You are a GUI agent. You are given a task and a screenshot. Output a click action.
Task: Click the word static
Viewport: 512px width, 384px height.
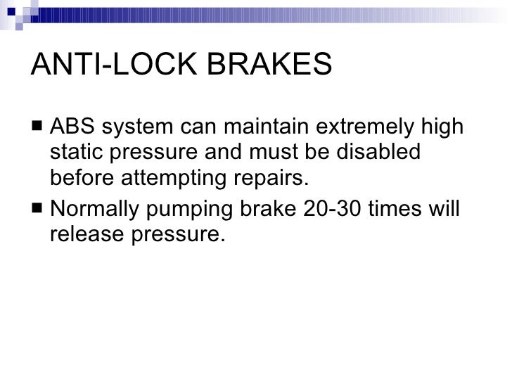77,153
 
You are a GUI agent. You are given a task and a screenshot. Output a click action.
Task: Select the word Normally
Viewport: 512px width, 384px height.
99,210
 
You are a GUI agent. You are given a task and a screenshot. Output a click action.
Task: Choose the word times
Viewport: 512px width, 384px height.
402,210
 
